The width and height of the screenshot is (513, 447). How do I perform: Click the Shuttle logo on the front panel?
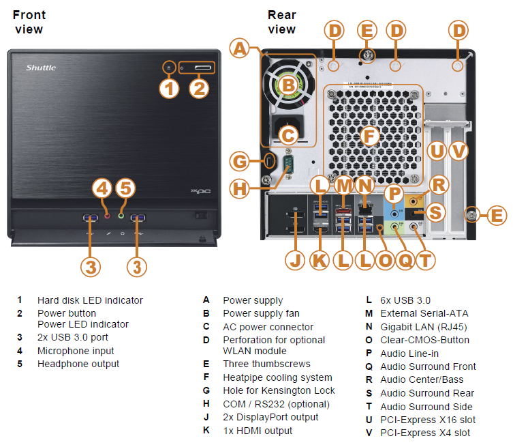tap(41, 67)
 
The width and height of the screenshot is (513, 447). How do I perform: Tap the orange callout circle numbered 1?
tap(169, 88)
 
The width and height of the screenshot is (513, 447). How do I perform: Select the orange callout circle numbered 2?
tap(198, 88)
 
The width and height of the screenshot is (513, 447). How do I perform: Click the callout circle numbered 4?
tap(102, 188)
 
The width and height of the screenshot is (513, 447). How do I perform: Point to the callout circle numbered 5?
tap(125, 188)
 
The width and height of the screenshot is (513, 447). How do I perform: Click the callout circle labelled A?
tap(240, 48)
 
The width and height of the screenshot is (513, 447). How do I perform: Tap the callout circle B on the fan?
tap(288, 85)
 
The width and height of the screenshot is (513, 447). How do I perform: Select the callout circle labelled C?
tap(288, 134)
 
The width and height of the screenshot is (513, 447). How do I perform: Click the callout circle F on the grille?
tap(369, 135)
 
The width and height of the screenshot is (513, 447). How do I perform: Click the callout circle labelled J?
tap(295, 259)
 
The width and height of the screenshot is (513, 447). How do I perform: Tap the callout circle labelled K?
tap(320, 259)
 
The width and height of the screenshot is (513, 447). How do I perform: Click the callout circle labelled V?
tap(458, 151)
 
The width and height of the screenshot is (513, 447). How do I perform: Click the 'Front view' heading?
tap(29, 21)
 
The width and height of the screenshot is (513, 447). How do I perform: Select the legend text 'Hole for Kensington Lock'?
tap(279, 390)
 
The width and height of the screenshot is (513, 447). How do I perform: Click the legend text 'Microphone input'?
tap(76, 351)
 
